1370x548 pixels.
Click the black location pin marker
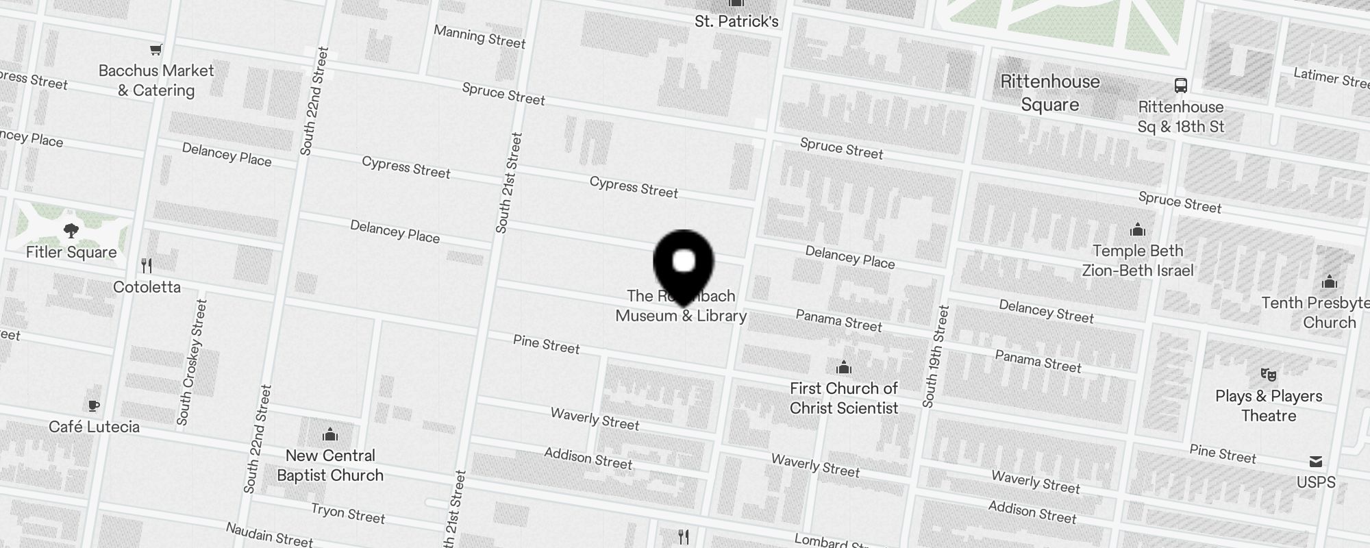(x=684, y=264)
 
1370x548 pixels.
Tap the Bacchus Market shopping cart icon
(x=156, y=49)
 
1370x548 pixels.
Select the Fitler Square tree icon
(x=71, y=231)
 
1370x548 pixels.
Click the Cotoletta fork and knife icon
(x=147, y=265)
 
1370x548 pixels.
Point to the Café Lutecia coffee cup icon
(x=94, y=406)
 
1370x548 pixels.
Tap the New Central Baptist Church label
(x=330, y=465)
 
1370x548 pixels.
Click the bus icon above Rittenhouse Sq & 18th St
(x=1180, y=86)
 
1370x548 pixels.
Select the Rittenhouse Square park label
(x=1049, y=93)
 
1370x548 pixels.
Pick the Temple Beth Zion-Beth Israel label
(x=1137, y=260)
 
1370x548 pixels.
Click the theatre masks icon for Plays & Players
(x=1268, y=375)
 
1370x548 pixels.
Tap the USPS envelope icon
(x=1315, y=461)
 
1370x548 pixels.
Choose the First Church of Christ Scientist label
(x=843, y=398)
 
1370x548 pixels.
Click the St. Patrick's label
(x=736, y=21)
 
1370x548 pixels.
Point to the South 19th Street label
(x=936, y=356)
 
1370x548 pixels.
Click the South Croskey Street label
(x=191, y=362)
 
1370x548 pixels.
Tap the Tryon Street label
(x=348, y=512)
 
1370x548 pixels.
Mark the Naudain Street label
(x=269, y=534)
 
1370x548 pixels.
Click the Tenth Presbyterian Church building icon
(x=1329, y=282)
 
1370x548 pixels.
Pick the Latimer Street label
(x=1331, y=78)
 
